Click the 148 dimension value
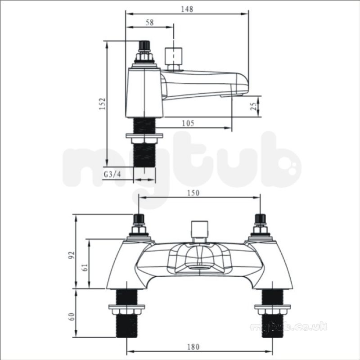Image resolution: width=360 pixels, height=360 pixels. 187,9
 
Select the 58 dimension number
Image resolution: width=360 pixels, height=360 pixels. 149,22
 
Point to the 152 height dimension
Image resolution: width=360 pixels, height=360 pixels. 103,104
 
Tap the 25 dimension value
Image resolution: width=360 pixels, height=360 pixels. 253,106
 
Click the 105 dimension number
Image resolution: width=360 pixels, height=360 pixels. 188,123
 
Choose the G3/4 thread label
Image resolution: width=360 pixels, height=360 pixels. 112,175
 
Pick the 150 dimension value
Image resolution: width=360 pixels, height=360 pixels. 193,193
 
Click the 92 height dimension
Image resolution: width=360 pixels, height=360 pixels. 72,255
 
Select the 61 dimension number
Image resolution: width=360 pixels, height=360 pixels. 85,267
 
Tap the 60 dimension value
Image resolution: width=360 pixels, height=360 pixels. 72,317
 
